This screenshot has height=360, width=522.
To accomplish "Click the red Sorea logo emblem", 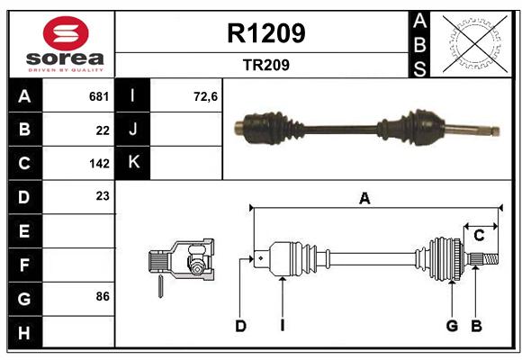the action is [x=66, y=33].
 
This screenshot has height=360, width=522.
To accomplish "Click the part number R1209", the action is [x=266, y=33].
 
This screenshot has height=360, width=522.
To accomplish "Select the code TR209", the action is [x=266, y=65].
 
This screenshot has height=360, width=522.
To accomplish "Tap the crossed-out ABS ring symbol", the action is [x=474, y=43].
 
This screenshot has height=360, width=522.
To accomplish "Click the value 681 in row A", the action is [x=99, y=96].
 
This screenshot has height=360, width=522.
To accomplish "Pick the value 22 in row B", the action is [x=103, y=130].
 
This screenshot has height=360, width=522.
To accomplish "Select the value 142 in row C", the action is [x=99, y=164].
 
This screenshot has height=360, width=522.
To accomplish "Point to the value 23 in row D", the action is [x=103, y=196].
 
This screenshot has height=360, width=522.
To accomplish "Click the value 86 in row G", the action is [x=103, y=296].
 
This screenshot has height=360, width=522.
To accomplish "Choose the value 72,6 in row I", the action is [x=205, y=96].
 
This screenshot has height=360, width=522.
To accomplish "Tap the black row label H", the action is [x=25, y=332].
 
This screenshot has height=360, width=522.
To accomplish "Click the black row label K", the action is [x=133, y=163].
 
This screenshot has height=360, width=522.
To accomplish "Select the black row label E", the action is [x=25, y=230].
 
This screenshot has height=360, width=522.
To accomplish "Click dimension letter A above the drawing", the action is [x=364, y=199].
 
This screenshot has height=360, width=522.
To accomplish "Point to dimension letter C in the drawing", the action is [x=479, y=236].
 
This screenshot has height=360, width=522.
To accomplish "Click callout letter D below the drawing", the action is [x=240, y=326].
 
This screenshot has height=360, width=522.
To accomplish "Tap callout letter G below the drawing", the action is [x=452, y=326].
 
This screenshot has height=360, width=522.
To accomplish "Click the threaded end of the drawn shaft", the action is [x=491, y=259].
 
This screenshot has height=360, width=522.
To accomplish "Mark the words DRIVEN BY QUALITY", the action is [x=66, y=70].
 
